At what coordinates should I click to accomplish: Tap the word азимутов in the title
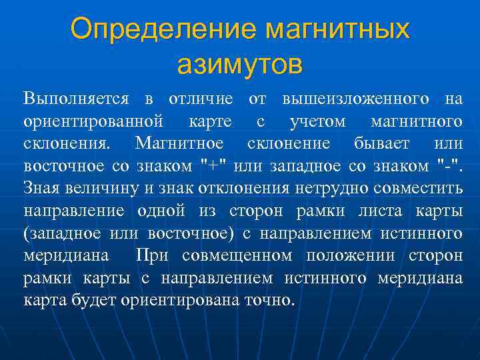click(240, 65)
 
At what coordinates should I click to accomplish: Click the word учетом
click(317, 122)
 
